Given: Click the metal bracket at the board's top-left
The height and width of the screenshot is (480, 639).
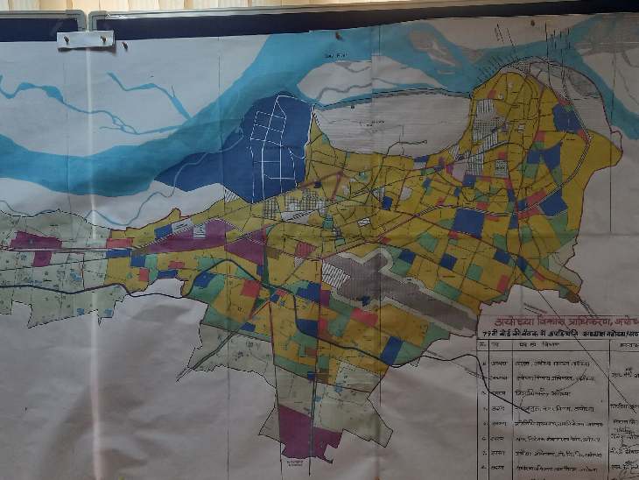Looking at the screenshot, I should pos(85,39).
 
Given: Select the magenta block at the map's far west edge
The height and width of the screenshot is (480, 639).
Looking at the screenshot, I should pos(35,242).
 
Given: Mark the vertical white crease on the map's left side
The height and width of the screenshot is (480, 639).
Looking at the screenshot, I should pos(90,263).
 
